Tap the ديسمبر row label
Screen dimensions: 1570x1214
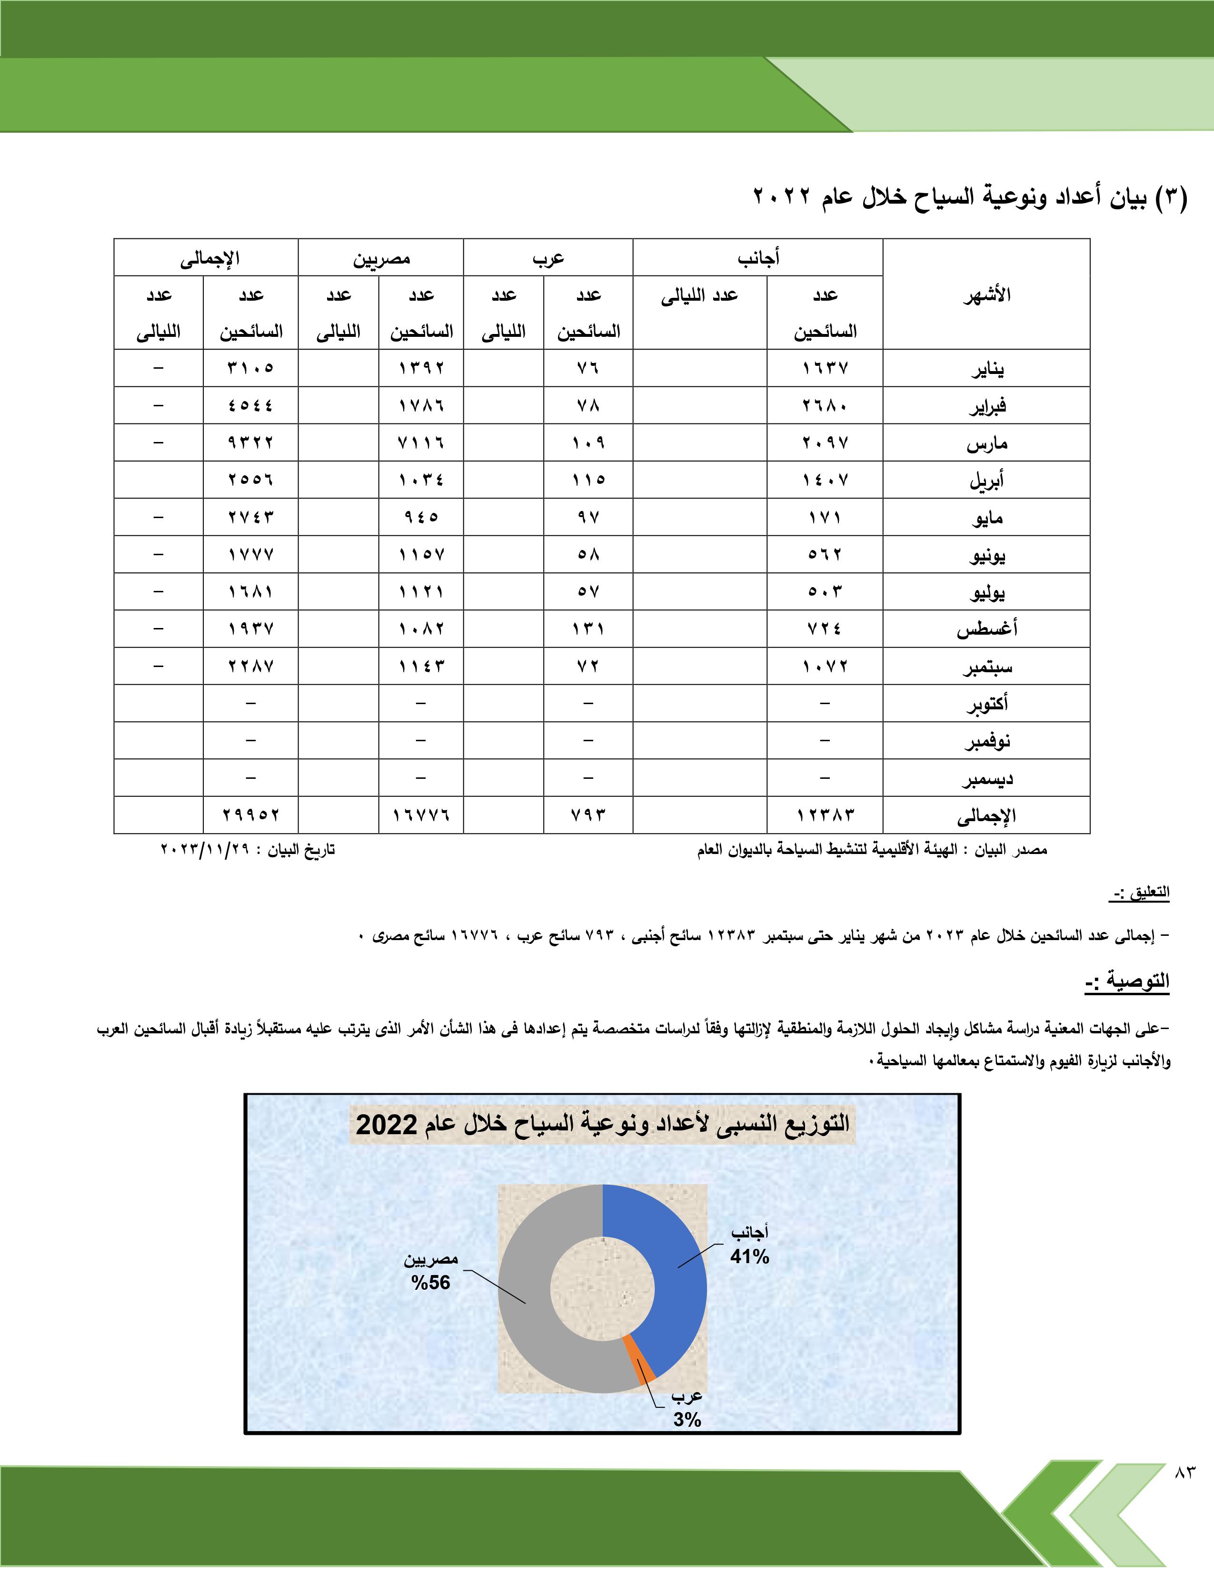click(x=987, y=778)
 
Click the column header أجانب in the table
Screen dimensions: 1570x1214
click(x=758, y=258)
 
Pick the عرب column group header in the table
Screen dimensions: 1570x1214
click(x=548, y=258)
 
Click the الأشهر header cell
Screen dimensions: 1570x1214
click(x=987, y=295)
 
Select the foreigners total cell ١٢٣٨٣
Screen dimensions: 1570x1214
click(x=825, y=815)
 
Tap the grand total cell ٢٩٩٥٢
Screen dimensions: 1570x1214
click(x=250, y=815)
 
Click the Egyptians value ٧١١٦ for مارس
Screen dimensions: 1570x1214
click(x=421, y=443)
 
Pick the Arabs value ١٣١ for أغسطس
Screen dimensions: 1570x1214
click(x=588, y=629)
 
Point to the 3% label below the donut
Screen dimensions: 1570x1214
click(x=687, y=1420)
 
